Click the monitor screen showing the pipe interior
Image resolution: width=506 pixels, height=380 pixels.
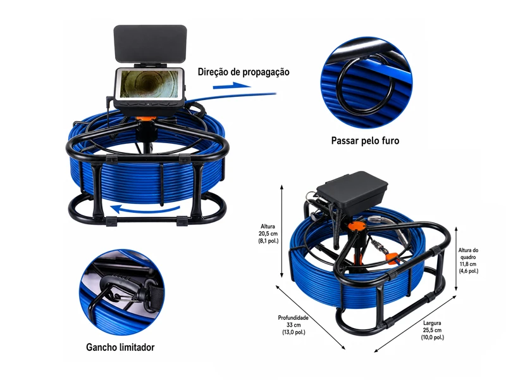click(149, 84)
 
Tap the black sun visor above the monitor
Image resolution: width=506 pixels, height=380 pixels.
click(150, 44)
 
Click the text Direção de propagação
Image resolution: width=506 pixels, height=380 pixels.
click(244, 72)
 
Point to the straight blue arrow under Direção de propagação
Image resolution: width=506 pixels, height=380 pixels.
click(231, 85)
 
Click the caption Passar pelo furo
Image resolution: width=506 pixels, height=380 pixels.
click(365, 141)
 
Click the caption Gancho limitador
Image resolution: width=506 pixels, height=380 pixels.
click(120, 347)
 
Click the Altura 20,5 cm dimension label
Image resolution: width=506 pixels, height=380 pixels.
click(268, 234)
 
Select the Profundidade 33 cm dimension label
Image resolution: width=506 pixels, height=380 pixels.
click(293, 325)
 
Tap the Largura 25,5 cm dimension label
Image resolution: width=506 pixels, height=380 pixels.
click(432, 330)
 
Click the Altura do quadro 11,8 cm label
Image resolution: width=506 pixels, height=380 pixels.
click(468, 260)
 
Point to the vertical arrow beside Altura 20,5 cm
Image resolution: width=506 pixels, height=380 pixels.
click(281, 231)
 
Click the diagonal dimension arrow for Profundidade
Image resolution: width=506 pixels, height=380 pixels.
click(310, 317)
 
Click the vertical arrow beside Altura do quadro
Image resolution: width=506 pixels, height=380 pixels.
click(456, 259)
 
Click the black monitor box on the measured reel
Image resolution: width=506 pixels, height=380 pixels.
click(352, 189)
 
